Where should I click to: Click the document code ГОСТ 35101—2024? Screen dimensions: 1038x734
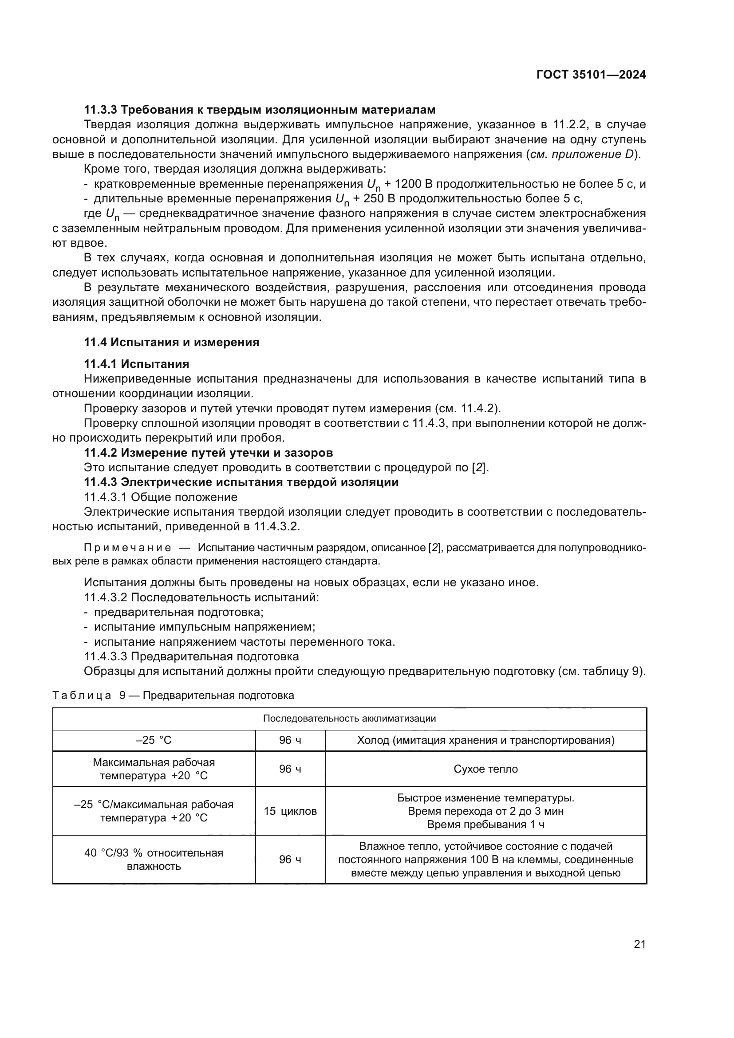[591, 75]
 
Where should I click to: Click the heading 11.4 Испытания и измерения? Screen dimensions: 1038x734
[171, 342]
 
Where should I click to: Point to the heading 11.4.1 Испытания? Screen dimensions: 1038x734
[136, 364]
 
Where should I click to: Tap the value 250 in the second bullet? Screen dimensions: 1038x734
[373, 199]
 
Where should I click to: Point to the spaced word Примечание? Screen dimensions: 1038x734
[127, 548]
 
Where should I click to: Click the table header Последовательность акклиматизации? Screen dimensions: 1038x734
[349, 718]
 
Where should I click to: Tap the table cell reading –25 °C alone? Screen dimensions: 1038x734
[154, 740]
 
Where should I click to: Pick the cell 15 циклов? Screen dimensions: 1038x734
[290, 811]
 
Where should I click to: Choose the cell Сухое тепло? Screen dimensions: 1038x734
[485, 769]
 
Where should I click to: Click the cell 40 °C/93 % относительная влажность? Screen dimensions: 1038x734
[154, 860]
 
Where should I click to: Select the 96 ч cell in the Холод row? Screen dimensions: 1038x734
[290, 740]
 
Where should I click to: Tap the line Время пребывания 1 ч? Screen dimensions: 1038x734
[485, 825]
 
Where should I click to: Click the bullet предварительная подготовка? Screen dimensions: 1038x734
[178, 612]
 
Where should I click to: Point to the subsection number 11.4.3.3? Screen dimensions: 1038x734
[106, 656]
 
